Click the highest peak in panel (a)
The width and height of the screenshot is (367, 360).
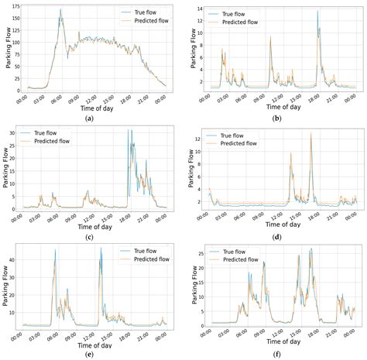[x=60, y=11]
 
